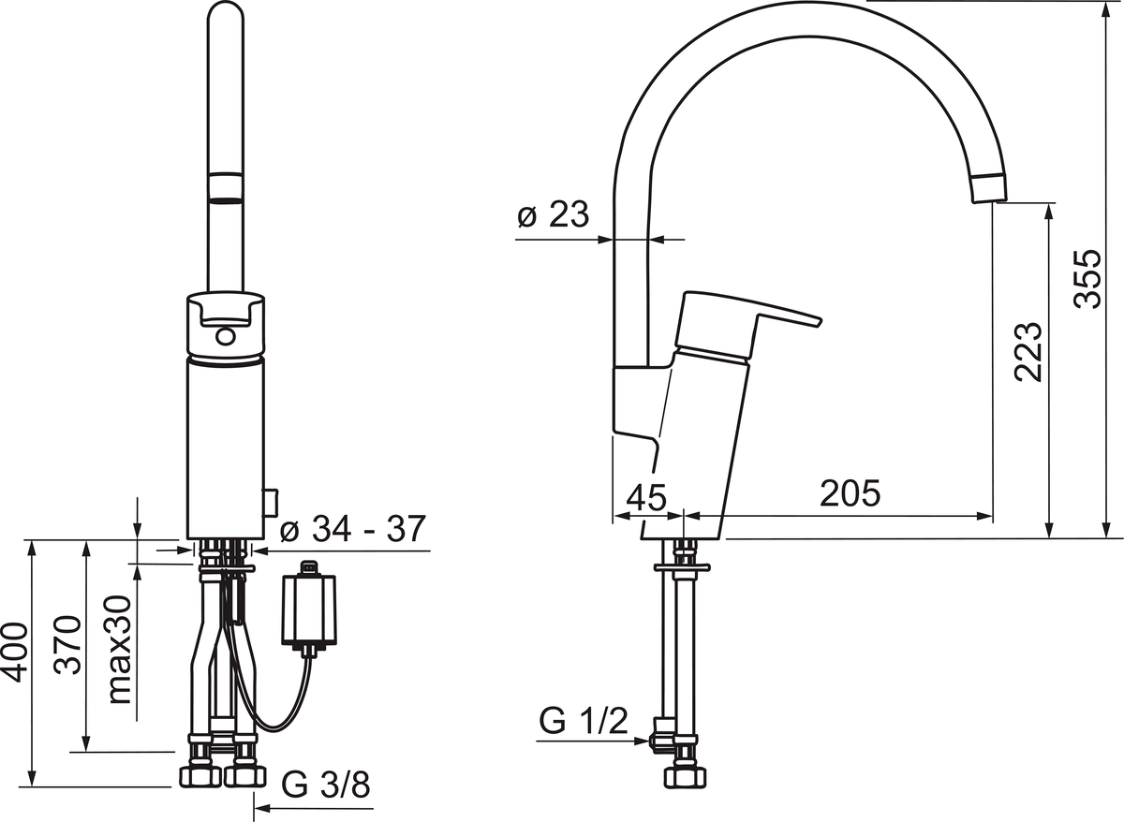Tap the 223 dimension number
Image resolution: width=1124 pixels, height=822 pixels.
(1028, 352)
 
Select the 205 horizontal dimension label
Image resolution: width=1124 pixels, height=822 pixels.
(850, 492)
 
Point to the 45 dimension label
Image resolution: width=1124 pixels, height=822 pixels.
(646, 497)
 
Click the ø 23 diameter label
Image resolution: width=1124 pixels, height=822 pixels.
(553, 214)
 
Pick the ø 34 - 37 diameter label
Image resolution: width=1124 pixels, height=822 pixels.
(353, 528)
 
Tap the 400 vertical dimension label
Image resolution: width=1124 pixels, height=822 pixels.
(15, 653)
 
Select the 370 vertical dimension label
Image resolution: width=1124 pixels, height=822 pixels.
(67, 644)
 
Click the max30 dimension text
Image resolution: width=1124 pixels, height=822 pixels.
(120, 649)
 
